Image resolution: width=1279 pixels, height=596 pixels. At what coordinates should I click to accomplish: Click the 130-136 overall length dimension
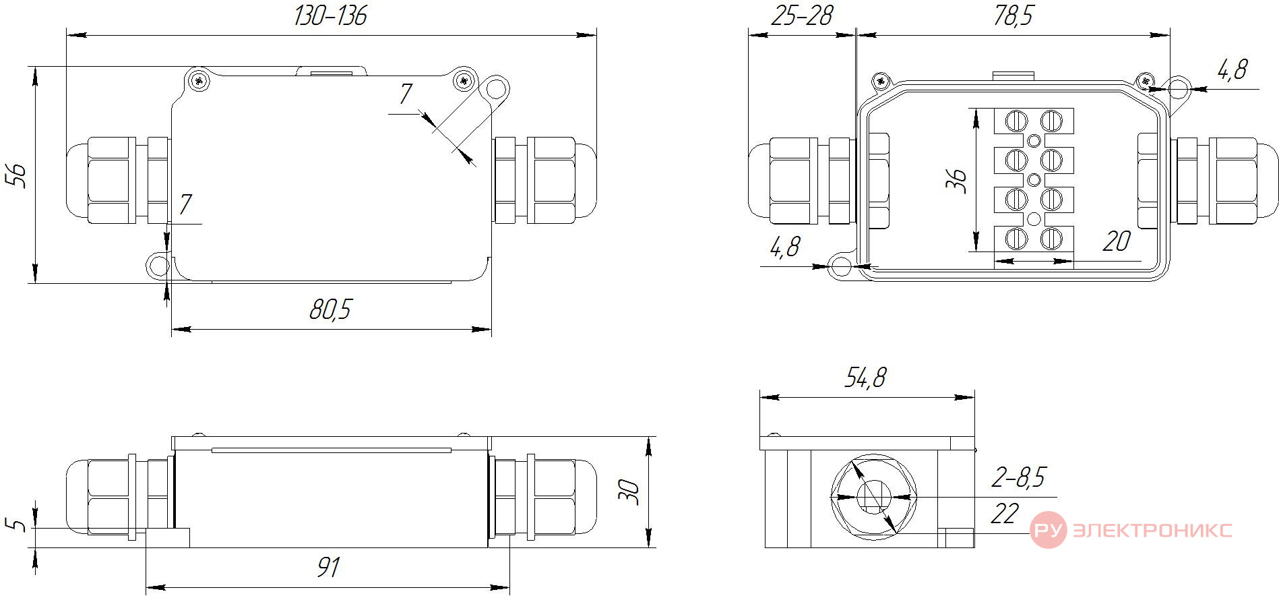[330, 16]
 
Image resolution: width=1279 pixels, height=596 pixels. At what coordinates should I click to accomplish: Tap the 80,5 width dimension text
[331, 309]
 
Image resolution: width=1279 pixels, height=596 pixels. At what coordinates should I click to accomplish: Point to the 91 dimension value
[328, 568]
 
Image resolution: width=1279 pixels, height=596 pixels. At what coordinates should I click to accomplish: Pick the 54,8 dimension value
[866, 378]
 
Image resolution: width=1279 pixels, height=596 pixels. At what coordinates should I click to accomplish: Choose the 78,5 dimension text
[1013, 16]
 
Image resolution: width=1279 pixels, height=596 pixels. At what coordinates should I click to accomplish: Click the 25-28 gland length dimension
[802, 16]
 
